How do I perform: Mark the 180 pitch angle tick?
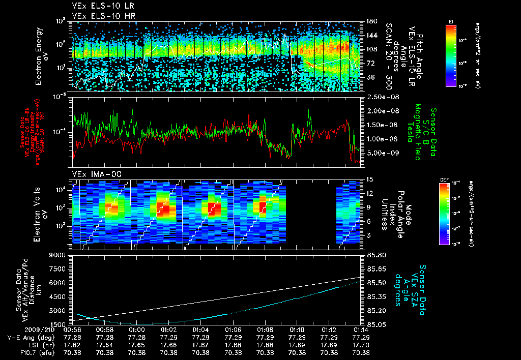(x=371, y=21)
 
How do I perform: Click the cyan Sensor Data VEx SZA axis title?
(x=412, y=290)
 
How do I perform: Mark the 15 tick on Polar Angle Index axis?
(x=370, y=179)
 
